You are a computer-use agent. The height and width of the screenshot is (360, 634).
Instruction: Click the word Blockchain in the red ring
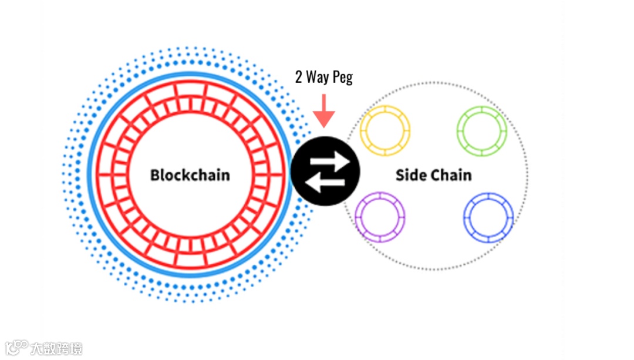[x=190, y=175]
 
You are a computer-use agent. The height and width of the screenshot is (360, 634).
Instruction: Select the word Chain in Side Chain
[x=451, y=175]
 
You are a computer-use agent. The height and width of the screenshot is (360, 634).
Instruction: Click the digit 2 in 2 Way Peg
[x=299, y=78]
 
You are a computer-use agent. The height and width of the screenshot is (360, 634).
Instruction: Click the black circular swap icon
[x=325, y=172]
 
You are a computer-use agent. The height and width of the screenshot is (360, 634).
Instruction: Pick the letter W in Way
[x=313, y=78]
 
